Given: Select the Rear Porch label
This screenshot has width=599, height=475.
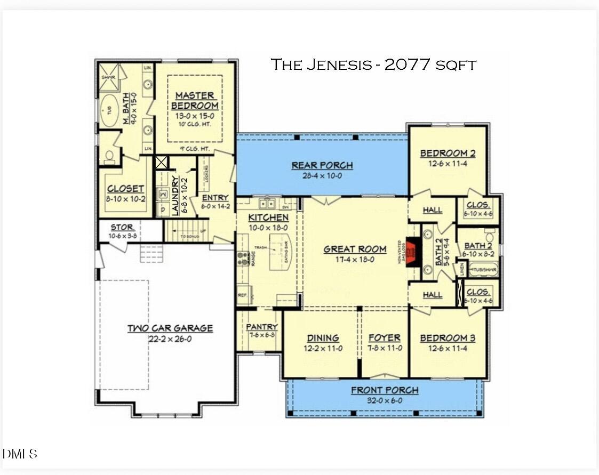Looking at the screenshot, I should click(x=322, y=165).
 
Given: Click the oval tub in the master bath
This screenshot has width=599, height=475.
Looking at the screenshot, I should click(x=110, y=111).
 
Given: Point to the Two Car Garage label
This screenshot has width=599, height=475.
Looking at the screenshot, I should click(x=170, y=328).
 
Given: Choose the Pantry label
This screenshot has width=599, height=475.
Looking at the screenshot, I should click(x=261, y=327).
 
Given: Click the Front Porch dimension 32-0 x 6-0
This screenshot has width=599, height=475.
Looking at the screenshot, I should click(x=384, y=401).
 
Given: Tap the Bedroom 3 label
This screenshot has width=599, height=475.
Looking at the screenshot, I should click(x=448, y=339).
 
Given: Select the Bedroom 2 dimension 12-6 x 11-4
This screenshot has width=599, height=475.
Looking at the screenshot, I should click(x=448, y=164).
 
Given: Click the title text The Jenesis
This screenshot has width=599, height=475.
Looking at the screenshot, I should click(x=322, y=65).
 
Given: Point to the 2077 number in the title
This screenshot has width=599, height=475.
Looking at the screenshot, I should click(x=407, y=65).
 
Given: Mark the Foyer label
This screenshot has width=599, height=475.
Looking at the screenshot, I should click(x=384, y=338).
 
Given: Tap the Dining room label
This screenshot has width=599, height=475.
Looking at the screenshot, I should click(x=323, y=338).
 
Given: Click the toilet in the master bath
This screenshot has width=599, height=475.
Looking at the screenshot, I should click(x=109, y=155).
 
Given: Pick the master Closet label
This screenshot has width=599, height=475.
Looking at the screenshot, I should click(x=126, y=189).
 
